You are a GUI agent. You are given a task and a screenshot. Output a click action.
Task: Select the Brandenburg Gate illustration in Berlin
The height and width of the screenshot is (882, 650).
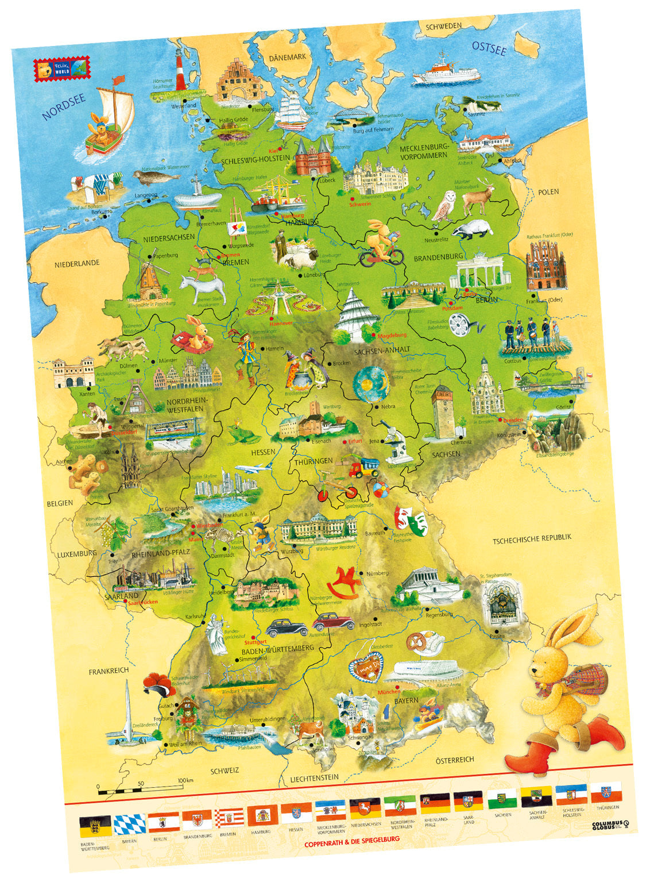click(476, 272)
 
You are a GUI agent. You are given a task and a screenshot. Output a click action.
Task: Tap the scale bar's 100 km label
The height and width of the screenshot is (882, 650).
click(185, 780)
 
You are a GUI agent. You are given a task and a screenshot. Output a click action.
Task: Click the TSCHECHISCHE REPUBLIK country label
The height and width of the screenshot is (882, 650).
click(532, 538)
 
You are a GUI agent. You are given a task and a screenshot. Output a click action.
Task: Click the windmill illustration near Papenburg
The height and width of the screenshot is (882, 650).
click(149, 280)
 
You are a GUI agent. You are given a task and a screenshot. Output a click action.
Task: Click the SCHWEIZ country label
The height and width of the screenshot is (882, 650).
click(225, 771)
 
